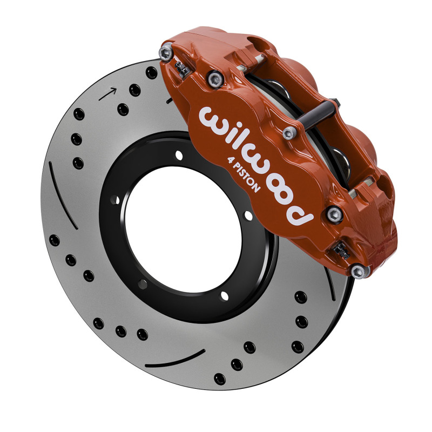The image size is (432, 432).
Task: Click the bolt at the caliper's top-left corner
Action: click(165, 52)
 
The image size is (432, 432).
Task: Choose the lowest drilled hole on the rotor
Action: click(219, 378)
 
